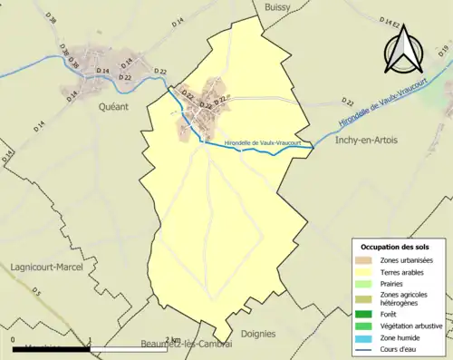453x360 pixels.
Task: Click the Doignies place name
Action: pos(259,334)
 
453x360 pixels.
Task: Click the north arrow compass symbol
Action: pos(410,50)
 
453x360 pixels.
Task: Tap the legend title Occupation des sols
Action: pos(397,247)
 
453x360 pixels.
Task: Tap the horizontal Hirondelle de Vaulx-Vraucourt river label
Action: pos(266,141)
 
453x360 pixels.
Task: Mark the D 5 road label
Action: pos(37,291)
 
